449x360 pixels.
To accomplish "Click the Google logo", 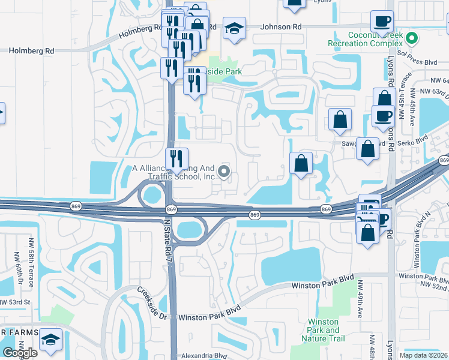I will [20, 353].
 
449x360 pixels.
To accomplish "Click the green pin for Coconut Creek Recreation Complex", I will [411, 40].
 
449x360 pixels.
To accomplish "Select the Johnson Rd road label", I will [282, 27].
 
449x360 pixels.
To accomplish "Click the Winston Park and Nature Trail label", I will [323, 331].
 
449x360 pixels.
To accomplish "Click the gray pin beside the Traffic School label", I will [224, 173].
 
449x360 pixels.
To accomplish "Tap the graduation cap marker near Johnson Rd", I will [234, 28].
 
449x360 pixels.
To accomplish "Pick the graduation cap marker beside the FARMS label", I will [51, 340].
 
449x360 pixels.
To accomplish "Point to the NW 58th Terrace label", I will [31, 255].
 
